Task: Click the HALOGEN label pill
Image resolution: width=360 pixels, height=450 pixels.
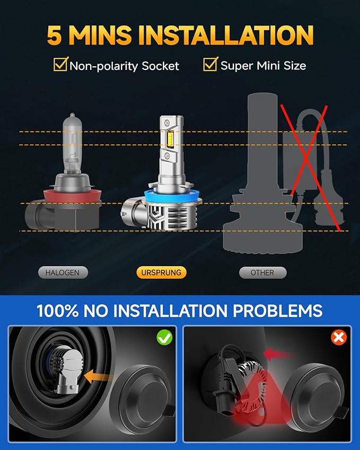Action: coord(63,272)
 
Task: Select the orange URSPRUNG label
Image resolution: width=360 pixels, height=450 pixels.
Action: coord(161,272)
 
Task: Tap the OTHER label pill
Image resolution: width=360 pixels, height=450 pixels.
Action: coord(262,272)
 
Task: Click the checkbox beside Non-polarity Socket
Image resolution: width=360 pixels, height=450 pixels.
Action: coord(60,65)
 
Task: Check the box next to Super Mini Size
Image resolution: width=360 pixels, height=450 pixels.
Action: coord(210,65)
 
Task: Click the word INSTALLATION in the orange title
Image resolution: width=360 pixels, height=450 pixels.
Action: coord(229,35)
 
